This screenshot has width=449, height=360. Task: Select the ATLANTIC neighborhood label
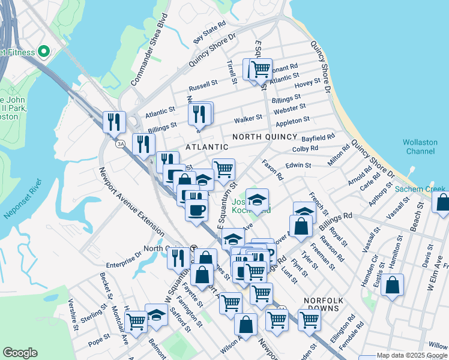(206, 147)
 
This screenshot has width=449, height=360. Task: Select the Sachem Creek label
(420, 190)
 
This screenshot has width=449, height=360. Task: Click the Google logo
(20, 353)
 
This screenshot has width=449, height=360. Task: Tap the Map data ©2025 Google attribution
(412, 355)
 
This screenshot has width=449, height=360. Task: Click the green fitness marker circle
(43, 52)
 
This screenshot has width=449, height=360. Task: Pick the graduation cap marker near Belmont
(157, 315)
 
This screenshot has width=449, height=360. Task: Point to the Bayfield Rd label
(318, 138)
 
